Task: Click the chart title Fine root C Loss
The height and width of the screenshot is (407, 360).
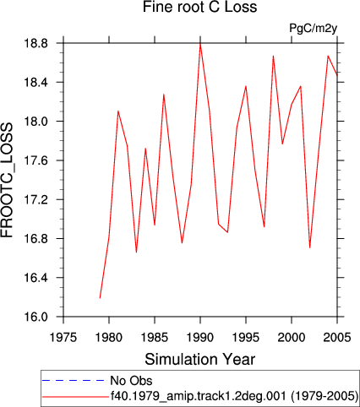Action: click(x=199, y=7)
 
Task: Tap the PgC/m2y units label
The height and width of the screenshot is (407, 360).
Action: click(x=314, y=29)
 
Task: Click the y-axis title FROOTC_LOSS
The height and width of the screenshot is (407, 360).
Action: click(x=7, y=181)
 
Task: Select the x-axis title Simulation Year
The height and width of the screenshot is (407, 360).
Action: click(x=199, y=359)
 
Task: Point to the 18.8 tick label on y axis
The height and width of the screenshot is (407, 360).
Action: click(x=35, y=44)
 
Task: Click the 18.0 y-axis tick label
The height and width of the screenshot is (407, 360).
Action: click(x=35, y=122)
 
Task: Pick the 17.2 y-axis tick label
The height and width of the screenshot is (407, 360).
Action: click(x=35, y=199)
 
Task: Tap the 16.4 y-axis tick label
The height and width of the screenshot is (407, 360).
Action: click(x=35, y=278)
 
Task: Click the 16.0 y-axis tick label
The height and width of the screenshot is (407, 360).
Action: click(x=35, y=317)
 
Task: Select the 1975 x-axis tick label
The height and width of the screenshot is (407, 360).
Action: click(x=63, y=337)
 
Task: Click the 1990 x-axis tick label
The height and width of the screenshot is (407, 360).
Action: click(x=200, y=337)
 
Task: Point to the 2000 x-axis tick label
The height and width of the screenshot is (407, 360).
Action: click(x=292, y=337)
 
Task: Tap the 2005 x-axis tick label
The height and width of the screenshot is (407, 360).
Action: click(x=337, y=337)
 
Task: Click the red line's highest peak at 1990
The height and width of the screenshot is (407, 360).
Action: click(x=200, y=44)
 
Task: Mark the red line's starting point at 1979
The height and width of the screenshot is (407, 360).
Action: click(x=100, y=298)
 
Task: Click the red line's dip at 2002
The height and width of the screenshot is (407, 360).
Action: click(x=310, y=247)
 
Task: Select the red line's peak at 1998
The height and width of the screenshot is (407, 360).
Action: click(x=273, y=56)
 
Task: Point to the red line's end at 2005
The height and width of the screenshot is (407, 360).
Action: click(x=337, y=75)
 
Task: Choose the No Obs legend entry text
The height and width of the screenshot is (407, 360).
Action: click(x=131, y=381)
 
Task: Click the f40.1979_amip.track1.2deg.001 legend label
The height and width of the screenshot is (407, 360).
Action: click(x=234, y=396)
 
